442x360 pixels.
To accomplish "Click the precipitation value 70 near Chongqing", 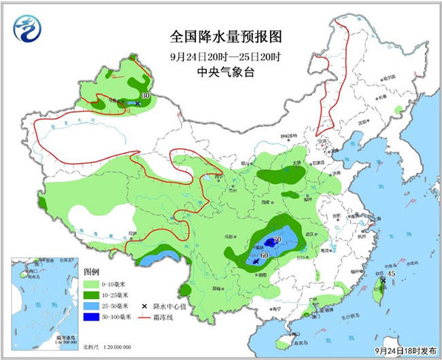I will coord(277,240).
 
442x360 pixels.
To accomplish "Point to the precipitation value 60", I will coord(265,255).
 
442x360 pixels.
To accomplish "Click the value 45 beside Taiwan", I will coord(391,273).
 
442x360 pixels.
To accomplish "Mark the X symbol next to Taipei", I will coord(383,280).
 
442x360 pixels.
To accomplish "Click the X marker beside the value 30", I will coord(138,103).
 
